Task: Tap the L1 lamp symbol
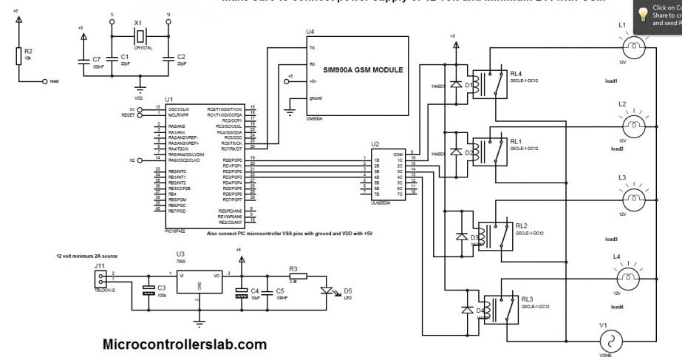coord(632,48)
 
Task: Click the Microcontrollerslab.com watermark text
coord(184,344)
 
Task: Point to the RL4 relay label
coord(515,73)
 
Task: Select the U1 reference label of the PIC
coord(169,99)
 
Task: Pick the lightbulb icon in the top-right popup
coord(644,14)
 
